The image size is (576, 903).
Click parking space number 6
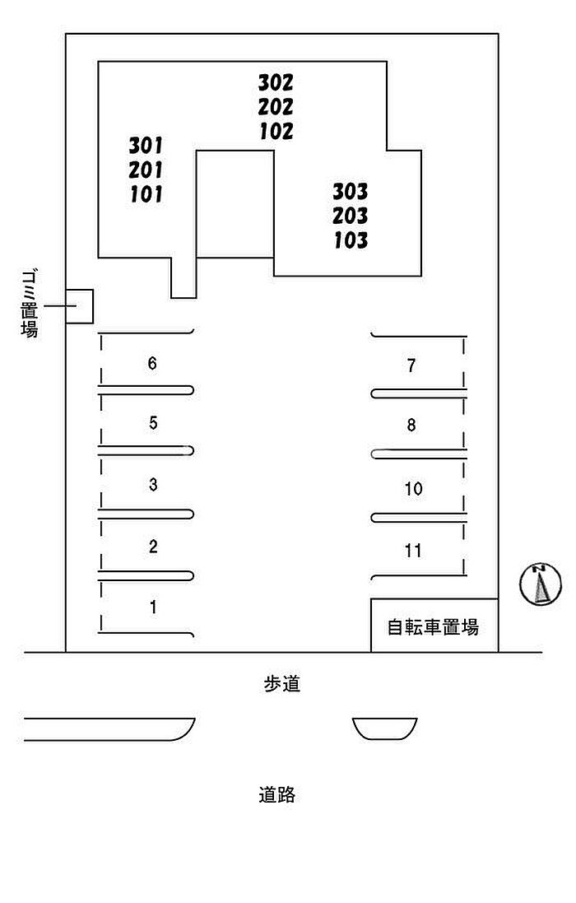(152, 363)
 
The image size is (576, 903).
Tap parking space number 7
(411, 365)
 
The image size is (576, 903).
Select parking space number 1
(153, 607)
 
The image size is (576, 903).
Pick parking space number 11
(412, 551)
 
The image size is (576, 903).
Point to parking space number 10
(413, 488)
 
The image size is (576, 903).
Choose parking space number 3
(153, 484)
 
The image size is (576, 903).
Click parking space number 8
(411, 425)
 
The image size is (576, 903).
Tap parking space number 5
(153, 423)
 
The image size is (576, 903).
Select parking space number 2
(153, 546)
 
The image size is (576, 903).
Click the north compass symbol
(541, 584)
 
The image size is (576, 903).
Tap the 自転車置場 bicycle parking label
(433, 626)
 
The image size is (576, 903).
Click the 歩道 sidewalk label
(282, 683)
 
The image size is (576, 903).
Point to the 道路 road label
(276, 794)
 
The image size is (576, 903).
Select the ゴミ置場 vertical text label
(30, 304)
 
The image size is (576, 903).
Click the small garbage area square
(80, 306)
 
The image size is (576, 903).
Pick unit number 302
(276, 83)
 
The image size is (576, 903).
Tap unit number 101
(146, 194)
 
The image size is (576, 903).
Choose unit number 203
(350, 216)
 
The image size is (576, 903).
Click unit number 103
(351, 240)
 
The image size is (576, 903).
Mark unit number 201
(146, 170)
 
